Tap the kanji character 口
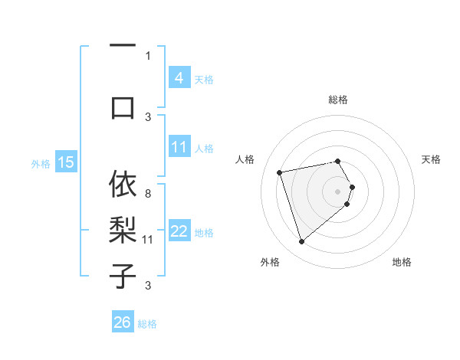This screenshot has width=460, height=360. [x=123, y=107]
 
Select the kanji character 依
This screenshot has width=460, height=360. [x=123, y=185]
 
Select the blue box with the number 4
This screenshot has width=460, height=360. [x=179, y=78]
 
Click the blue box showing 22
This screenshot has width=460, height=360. [x=179, y=231]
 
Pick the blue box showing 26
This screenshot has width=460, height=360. [x=123, y=322]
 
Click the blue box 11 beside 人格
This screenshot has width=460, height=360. [x=179, y=147]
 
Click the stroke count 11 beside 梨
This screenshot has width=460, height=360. [x=148, y=240]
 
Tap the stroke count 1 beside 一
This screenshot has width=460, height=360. [x=148, y=55]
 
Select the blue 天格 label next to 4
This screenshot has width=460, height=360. [x=204, y=79]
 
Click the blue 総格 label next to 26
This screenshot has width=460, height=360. [x=147, y=324]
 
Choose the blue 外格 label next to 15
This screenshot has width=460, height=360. [x=41, y=163]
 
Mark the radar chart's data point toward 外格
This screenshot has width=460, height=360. [x=301, y=242]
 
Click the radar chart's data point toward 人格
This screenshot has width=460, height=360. [x=280, y=172]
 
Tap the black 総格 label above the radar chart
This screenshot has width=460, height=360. [x=338, y=100]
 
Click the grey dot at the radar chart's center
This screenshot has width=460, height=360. [x=338, y=190]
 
